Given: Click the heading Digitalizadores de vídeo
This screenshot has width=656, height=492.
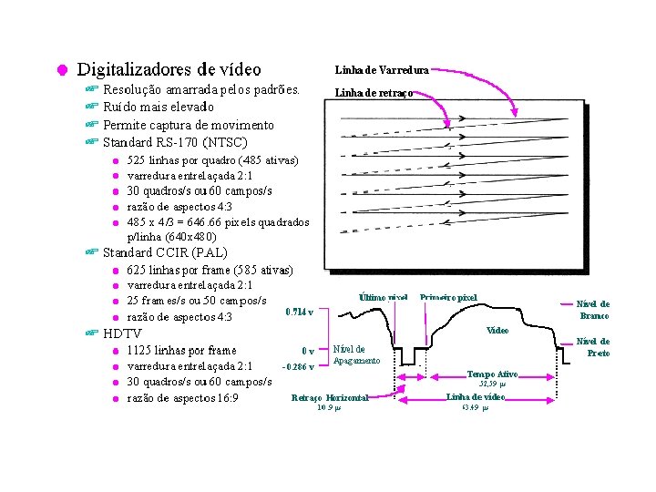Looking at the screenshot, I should [x=169, y=69].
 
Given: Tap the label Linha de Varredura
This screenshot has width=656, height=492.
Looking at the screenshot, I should [x=382, y=69].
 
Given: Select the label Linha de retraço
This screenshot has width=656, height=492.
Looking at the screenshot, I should [x=374, y=93].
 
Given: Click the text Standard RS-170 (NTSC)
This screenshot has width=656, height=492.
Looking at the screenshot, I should [x=175, y=142].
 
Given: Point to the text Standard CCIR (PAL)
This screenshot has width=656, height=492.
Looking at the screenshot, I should [x=165, y=251].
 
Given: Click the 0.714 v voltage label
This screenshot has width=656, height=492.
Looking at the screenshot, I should [x=300, y=312].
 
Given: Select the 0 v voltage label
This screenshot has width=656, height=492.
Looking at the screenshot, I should [x=309, y=351].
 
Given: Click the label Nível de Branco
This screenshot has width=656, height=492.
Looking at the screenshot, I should [x=594, y=310].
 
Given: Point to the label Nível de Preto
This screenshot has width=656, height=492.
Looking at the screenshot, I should [x=593, y=347].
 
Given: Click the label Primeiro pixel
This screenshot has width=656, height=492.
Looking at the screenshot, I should [x=448, y=298].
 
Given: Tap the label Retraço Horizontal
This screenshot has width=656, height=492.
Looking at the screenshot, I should [x=329, y=398].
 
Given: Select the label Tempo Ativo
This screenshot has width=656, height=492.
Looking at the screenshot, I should [x=492, y=374].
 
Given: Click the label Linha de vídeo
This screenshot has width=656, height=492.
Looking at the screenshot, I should [x=476, y=397].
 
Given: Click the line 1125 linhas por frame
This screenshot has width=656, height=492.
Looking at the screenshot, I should [x=181, y=350].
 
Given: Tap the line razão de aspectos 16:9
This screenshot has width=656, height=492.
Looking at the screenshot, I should [x=182, y=398].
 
